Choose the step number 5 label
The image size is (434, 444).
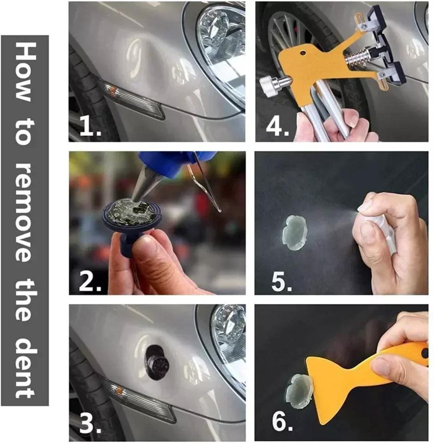click(x=281, y=281)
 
